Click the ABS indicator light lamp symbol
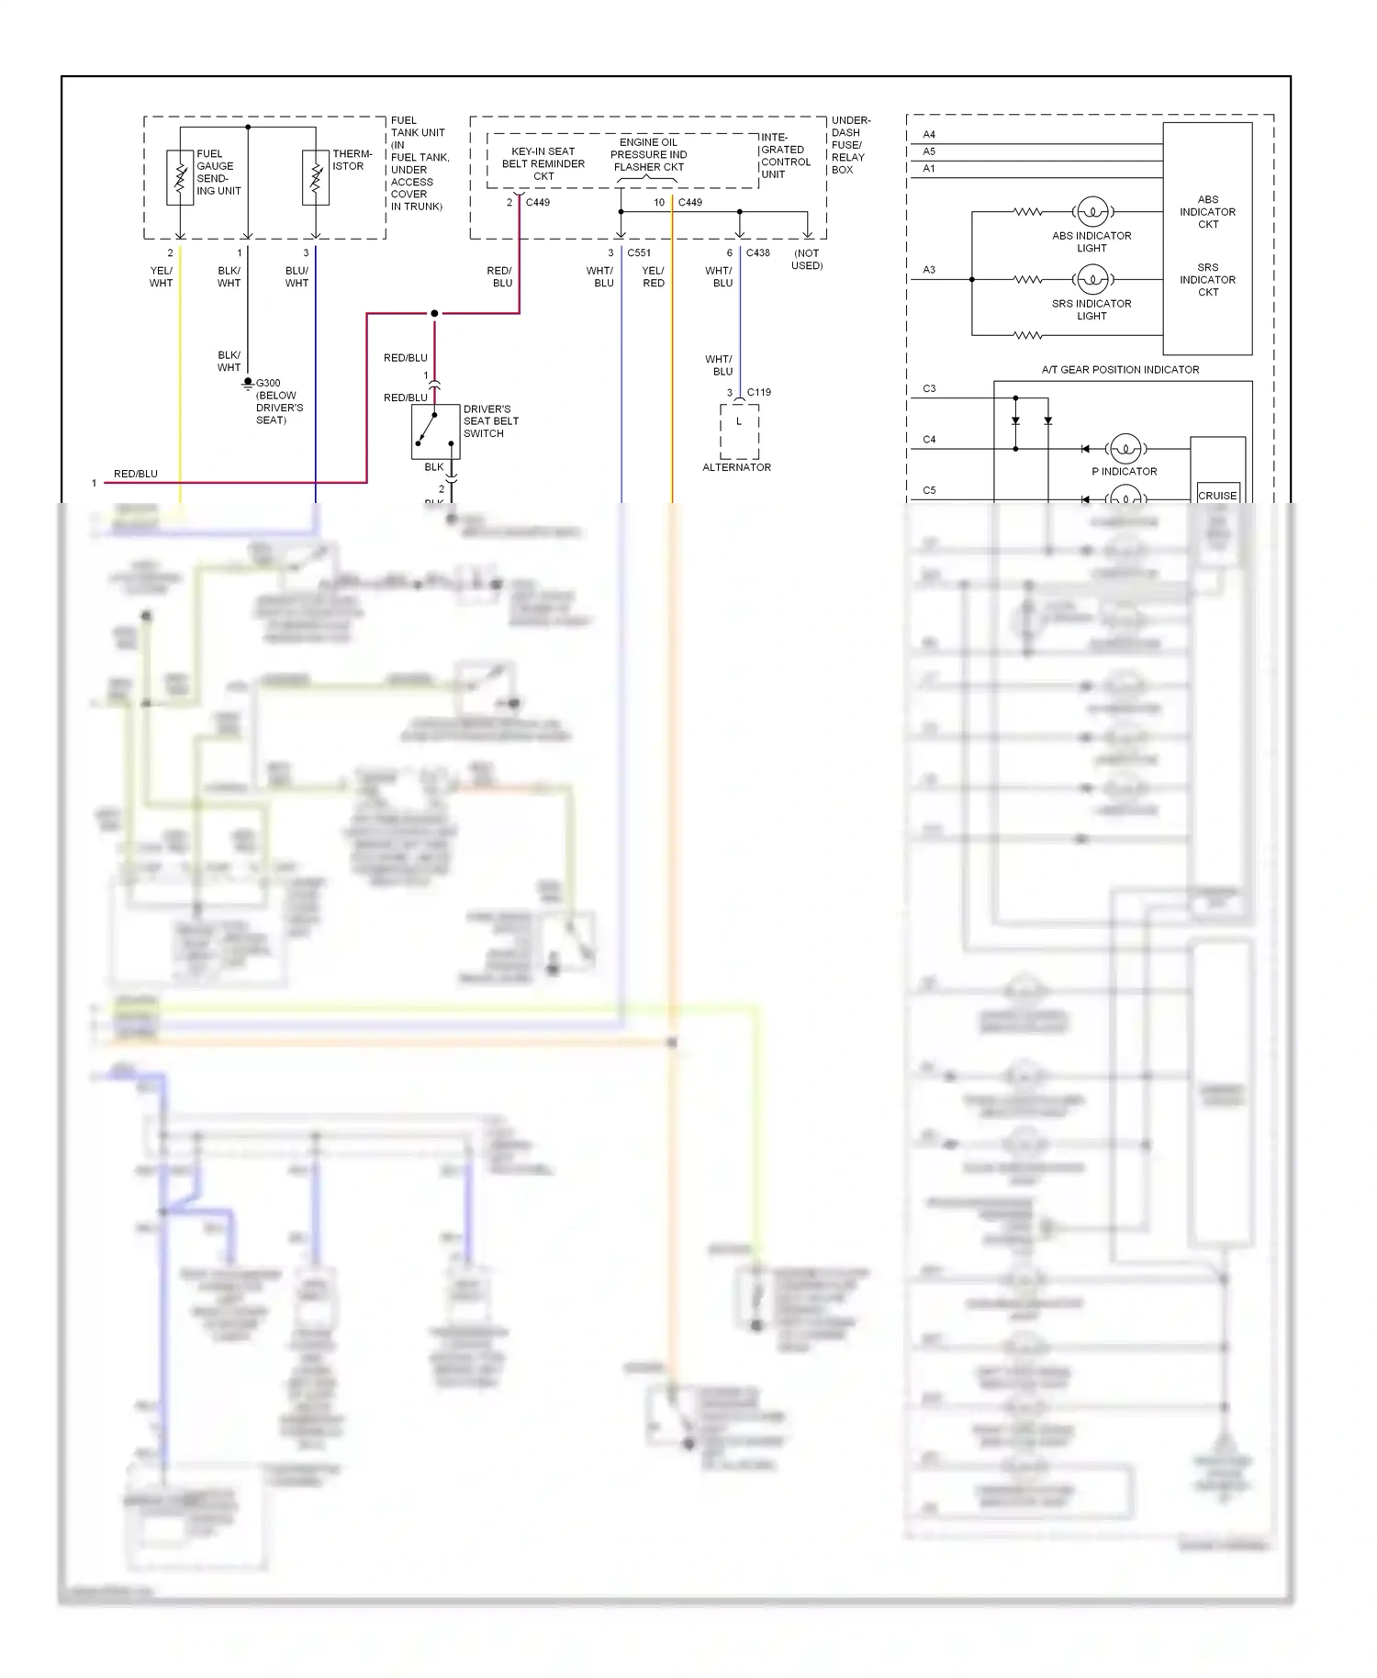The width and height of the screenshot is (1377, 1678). coord(1092,212)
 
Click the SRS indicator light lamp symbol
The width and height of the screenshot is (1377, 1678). coord(1092,279)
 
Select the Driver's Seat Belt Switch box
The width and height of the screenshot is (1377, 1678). coord(435,431)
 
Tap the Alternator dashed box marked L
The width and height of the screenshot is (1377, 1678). coord(739,431)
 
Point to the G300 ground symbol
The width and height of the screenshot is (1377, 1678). coord(248,383)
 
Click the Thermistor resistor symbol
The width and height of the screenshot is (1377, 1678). coord(315,178)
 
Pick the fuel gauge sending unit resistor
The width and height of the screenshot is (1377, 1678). coord(180,178)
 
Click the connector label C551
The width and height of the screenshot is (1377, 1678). coord(639,252)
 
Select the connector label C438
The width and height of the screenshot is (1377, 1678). coord(757,252)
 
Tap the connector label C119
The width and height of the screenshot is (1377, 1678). coord(758,392)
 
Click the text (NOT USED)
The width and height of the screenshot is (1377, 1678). coord(807,259)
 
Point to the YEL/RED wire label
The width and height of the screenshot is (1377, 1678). coord(653,276)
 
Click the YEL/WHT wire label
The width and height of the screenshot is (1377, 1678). coord(161,276)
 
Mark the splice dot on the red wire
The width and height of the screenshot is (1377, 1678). coord(434,314)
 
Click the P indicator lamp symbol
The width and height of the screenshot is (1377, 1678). coord(1125,449)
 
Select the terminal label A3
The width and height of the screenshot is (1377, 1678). coord(929,270)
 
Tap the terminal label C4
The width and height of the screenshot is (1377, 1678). coord(929,440)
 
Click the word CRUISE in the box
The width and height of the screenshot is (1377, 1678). coord(1217,495)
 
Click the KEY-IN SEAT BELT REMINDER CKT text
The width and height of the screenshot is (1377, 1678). coord(543,163)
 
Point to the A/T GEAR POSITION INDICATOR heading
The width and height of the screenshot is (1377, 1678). coord(1120,370)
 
